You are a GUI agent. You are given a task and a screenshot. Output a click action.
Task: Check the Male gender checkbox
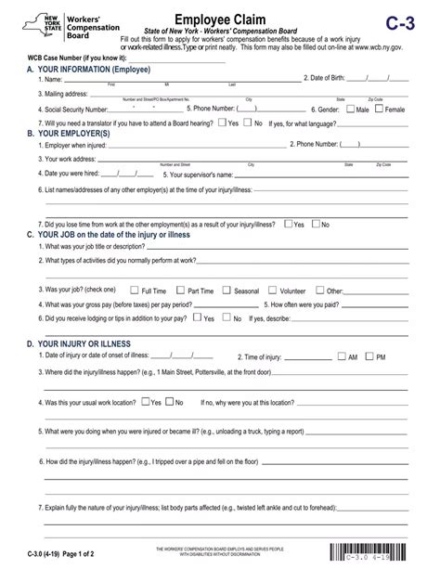click(x=350, y=109)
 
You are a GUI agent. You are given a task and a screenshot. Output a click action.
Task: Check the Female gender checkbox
click(x=379, y=109)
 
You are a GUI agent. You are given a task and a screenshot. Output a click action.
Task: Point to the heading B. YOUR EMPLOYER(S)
click(x=69, y=134)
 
